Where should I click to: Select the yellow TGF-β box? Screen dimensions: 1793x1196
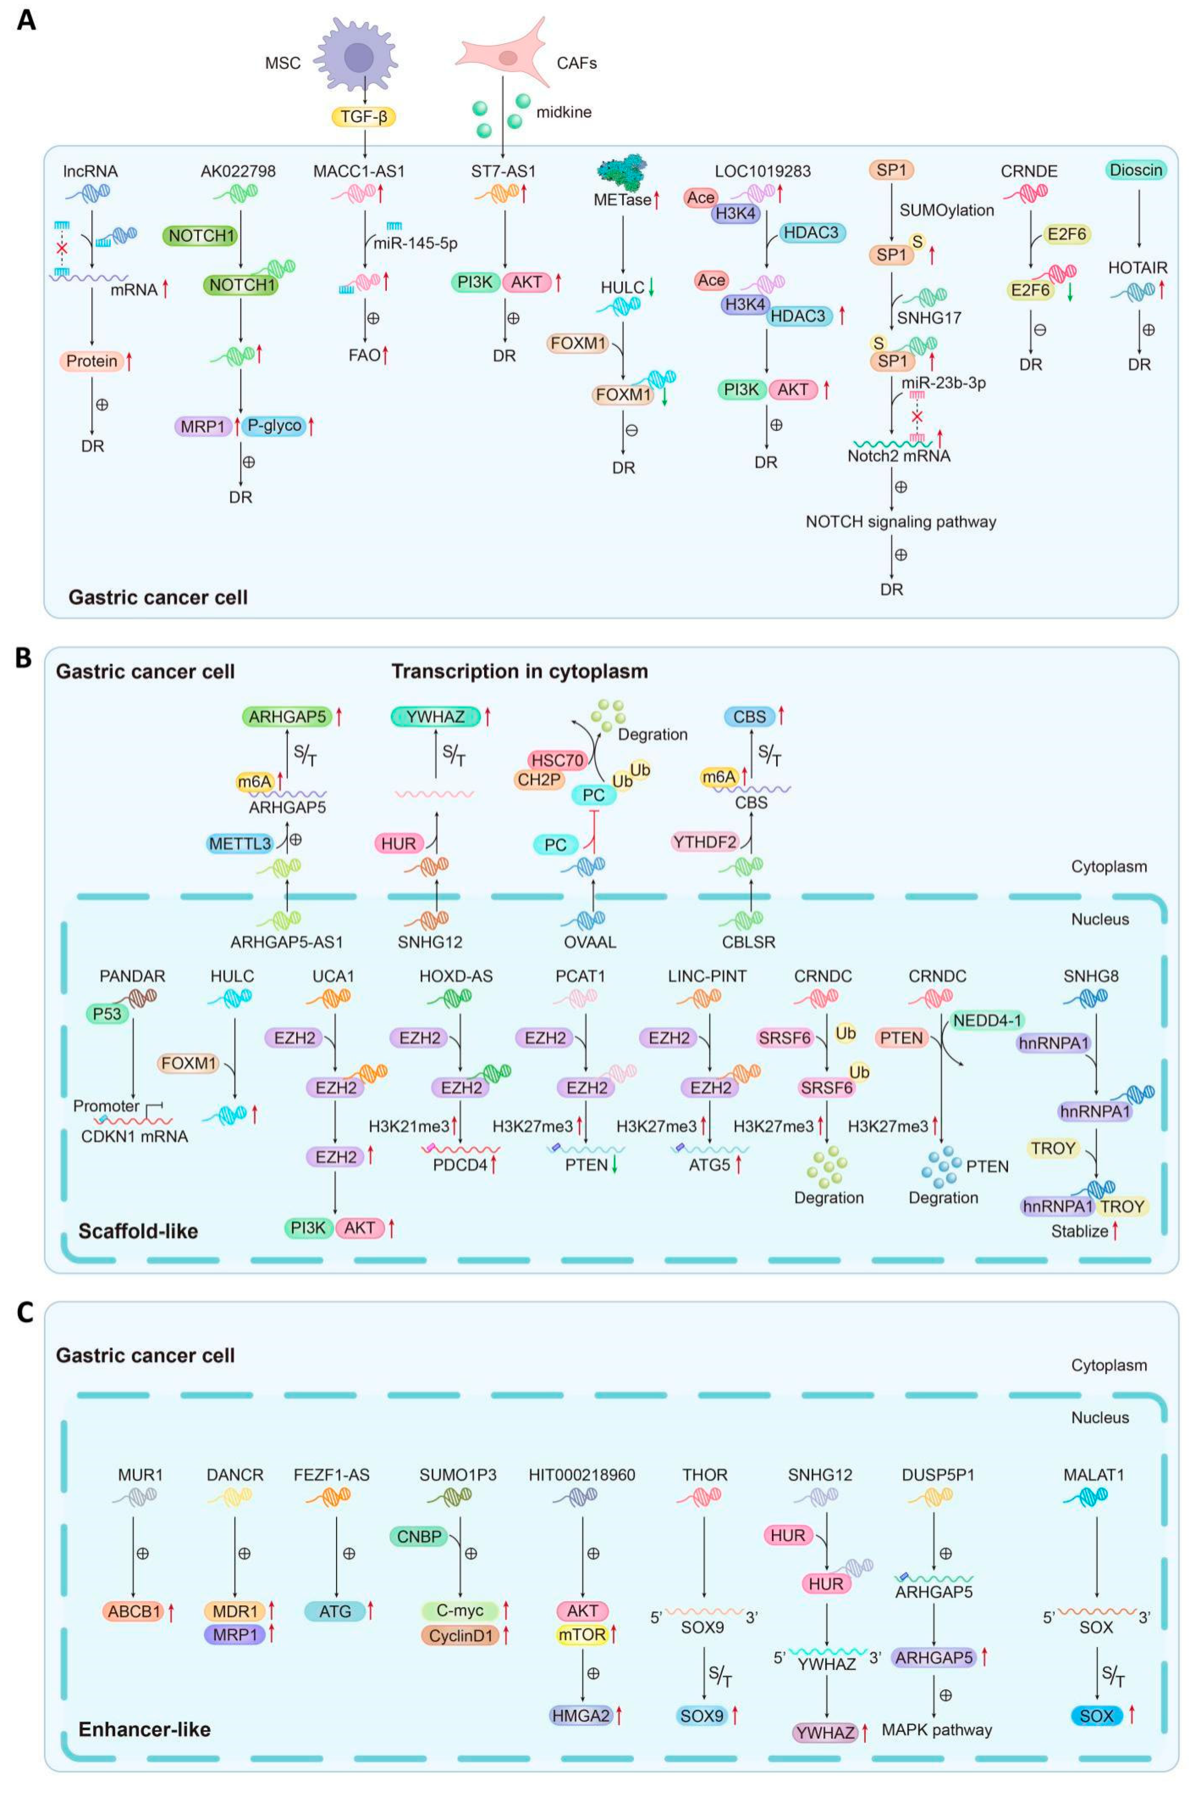[364, 117]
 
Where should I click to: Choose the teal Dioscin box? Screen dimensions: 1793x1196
[1136, 170]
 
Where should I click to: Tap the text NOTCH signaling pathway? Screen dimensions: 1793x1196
[900, 522]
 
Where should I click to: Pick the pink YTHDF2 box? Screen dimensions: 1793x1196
[705, 842]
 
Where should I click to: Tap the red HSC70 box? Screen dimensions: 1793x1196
[557, 760]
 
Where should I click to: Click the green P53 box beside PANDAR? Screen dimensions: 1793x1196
[107, 1014]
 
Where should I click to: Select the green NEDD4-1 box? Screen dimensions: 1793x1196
[986, 1020]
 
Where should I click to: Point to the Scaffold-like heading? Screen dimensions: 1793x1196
[138, 1231]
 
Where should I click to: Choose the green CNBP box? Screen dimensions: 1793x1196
[419, 1536]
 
